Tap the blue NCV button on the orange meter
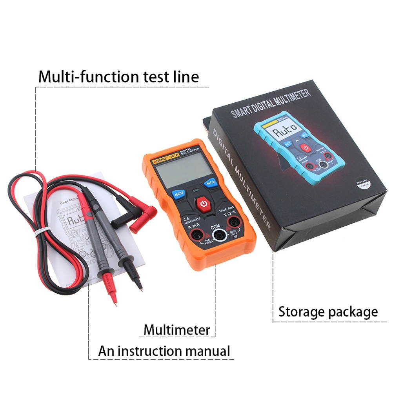coord(179,194)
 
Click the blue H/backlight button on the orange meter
coord(211,183)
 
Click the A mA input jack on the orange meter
coord(195,235)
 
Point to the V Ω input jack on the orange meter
coord(234,222)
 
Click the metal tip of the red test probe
coord(114,300)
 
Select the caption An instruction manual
coord(164,350)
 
